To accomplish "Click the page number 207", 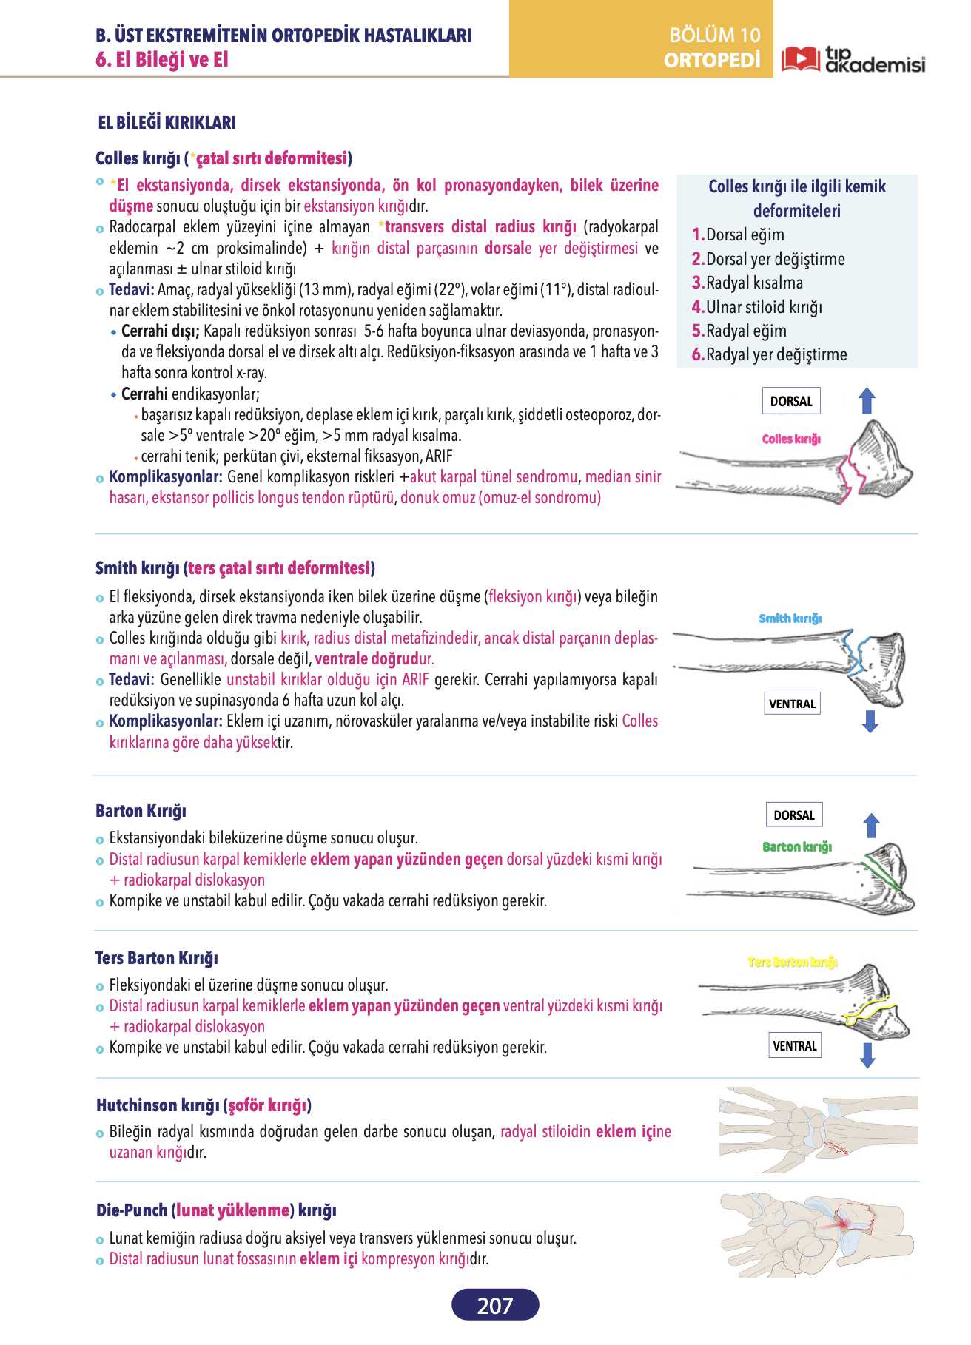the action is [495, 1305].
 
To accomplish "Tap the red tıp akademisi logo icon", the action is [801, 59].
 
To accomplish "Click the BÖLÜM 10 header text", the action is [714, 35].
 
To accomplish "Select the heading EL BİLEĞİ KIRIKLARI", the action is [167, 123].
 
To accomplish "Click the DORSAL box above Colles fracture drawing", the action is [791, 401].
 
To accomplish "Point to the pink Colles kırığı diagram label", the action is [791, 439].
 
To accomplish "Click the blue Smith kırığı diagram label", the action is [790, 618].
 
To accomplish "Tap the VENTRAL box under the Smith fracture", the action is [792, 704].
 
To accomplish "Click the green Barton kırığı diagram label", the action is [797, 846].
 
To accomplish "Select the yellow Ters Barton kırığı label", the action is [793, 962].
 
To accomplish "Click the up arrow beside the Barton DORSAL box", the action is [872, 826].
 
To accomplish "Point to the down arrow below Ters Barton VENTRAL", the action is [867, 1056].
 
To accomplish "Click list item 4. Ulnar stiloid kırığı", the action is [757, 307].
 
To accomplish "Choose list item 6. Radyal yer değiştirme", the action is [769, 354].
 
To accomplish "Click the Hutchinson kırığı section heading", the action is [204, 1105].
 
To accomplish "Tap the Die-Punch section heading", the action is [216, 1210].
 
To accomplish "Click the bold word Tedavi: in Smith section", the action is [132, 679].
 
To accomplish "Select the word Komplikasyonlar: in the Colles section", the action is [166, 476].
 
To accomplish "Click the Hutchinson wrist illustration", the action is [818, 1130].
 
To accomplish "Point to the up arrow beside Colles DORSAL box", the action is [867, 402].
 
